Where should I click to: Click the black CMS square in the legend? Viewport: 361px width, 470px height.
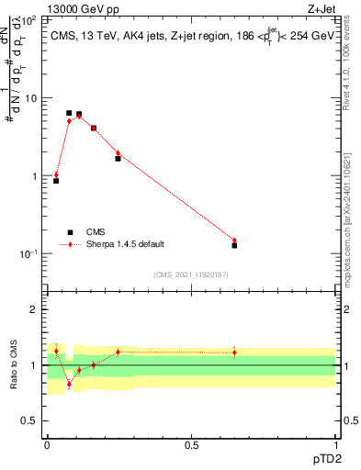70,232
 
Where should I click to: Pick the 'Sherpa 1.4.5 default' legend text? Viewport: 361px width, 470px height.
126,244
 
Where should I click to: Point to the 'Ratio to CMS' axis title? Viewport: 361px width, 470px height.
14,365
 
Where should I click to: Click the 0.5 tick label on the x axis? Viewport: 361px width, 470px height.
191,445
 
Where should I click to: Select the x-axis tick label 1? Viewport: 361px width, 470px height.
335,445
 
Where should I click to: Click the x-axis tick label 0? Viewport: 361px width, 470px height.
47,445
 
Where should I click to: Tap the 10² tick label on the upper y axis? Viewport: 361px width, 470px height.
29,19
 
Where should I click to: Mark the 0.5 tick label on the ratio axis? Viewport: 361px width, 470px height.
29,420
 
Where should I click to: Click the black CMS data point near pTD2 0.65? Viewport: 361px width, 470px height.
234,245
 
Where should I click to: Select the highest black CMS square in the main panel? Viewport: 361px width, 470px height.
69,113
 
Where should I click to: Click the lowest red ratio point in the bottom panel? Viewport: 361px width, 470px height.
69,384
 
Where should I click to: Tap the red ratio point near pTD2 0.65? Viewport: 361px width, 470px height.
234,352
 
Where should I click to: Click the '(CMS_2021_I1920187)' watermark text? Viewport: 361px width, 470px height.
191,274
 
